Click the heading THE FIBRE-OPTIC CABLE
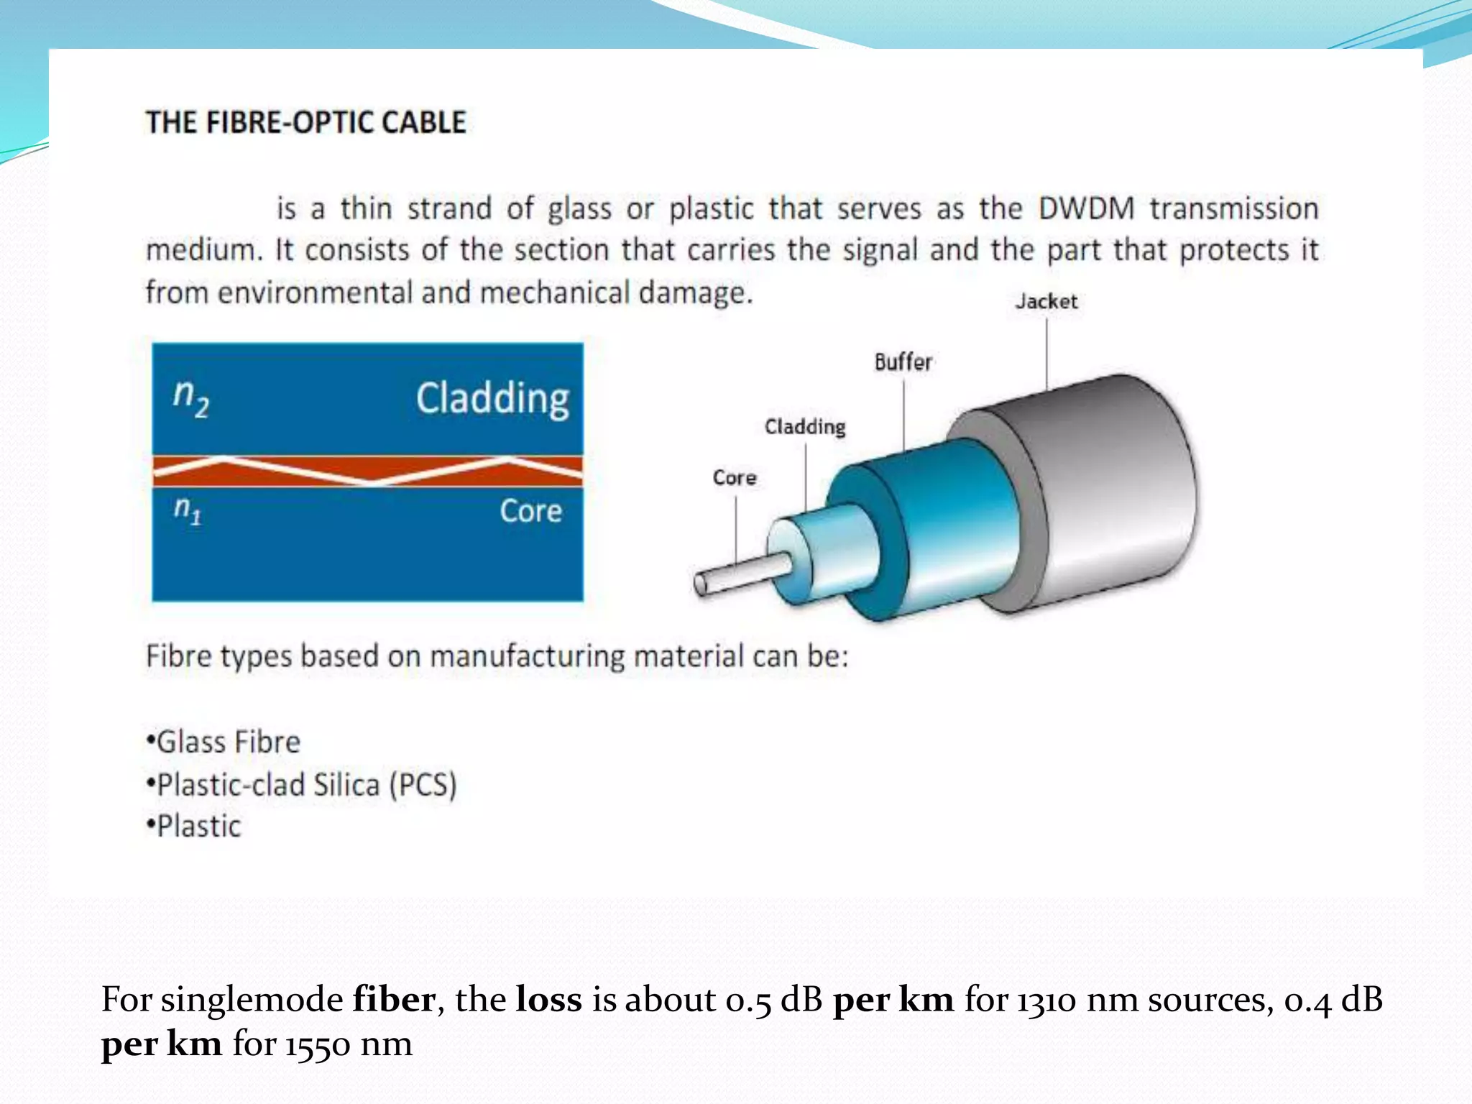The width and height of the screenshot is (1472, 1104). pos(306,123)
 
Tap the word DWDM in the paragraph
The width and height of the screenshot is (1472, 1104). pos(1086,209)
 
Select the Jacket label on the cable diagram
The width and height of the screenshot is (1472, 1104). pos(1046,301)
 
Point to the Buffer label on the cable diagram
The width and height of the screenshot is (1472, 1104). pos(903,362)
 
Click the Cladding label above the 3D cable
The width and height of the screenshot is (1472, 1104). pos(805,427)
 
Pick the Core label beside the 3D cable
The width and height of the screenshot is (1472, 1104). pos(735,478)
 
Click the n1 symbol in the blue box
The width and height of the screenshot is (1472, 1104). pos(188,511)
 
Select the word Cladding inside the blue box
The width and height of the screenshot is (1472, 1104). pos(492,399)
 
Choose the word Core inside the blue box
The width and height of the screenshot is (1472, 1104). pos(530,512)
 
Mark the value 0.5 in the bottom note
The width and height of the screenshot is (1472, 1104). pos(748,1000)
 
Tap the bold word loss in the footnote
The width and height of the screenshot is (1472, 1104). pos(548,1000)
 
